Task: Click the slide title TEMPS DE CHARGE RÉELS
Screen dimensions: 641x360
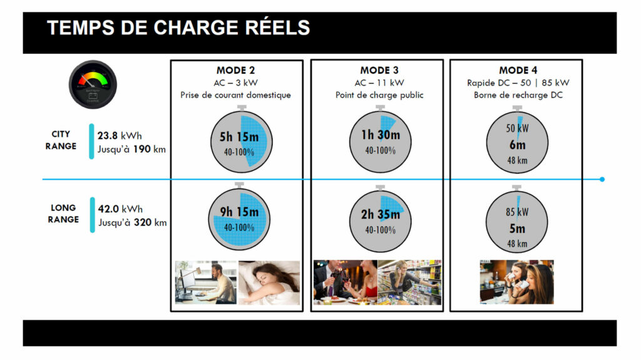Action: (x=178, y=28)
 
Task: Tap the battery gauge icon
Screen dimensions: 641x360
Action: (x=93, y=85)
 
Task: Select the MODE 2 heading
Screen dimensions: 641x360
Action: (x=235, y=70)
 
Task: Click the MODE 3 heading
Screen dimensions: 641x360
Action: (x=379, y=70)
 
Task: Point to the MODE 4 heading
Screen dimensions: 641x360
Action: (x=518, y=70)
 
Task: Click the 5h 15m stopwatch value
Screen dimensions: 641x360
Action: (x=239, y=137)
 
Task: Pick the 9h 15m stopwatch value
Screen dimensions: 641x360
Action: (x=239, y=212)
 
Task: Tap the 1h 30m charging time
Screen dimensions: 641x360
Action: (x=381, y=135)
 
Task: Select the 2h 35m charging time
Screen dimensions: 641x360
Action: (x=381, y=214)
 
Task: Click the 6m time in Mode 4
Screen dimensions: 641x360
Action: (x=518, y=145)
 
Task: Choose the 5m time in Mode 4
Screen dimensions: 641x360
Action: (x=518, y=229)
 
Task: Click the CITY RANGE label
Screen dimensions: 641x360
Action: (x=61, y=140)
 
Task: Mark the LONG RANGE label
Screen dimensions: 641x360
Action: (x=63, y=213)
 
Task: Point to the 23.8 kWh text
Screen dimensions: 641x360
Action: (x=120, y=135)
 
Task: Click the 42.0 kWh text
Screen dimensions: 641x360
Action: (x=120, y=209)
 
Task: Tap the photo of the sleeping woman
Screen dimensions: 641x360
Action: (x=269, y=283)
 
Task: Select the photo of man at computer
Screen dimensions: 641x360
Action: (x=205, y=283)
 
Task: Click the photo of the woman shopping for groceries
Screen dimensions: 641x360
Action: (x=409, y=282)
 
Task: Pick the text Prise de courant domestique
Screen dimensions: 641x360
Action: (x=235, y=95)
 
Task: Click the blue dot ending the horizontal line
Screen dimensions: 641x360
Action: (x=602, y=179)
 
